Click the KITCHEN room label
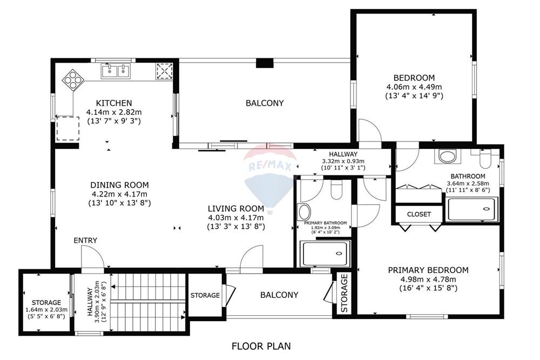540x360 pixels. tap(113, 103)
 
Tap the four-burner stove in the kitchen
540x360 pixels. tap(73, 80)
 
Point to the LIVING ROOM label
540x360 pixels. tap(236, 208)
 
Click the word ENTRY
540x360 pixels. tap(85, 240)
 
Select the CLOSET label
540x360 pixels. tap(418, 214)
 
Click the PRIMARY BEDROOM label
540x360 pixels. tap(428, 270)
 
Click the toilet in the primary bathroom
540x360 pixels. tap(336, 189)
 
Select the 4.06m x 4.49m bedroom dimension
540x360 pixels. tap(414, 87)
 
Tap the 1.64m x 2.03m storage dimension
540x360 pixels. tap(46, 310)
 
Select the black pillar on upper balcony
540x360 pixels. tap(265, 63)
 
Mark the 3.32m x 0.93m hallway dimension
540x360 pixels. tap(343, 161)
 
